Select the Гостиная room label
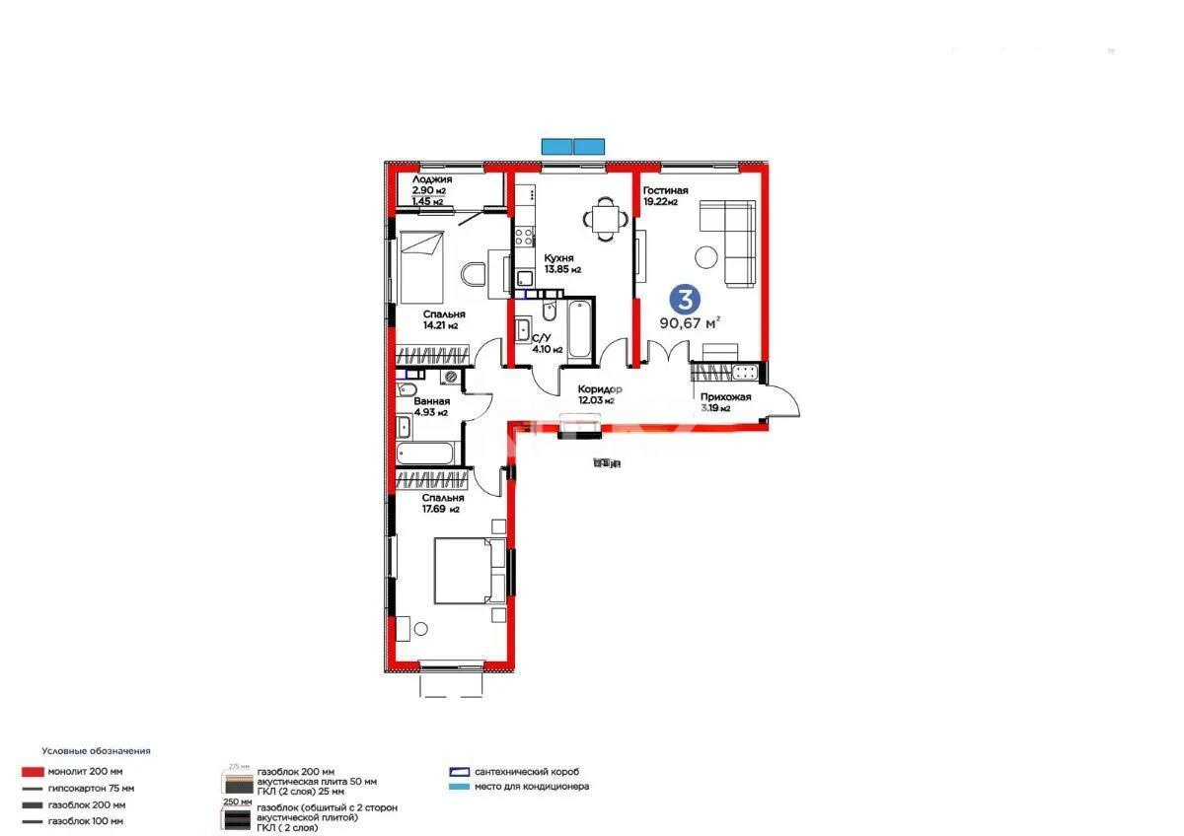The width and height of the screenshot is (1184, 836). tap(665, 190)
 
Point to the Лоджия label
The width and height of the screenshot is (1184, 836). tap(432, 179)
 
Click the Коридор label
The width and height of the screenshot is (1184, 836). tap(600, 387)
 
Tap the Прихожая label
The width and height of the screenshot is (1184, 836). tap(725, 397)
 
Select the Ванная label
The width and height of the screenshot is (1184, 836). tap(432, 401)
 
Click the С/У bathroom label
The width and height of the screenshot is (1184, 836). tap(541, 337)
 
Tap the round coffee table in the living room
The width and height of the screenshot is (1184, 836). tap(706, 256)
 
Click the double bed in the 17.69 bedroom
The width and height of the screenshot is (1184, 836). tap(469, 571)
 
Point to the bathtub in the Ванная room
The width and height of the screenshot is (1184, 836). tap(426, 454)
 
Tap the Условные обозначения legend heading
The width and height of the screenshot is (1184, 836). tap(96, 751)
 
